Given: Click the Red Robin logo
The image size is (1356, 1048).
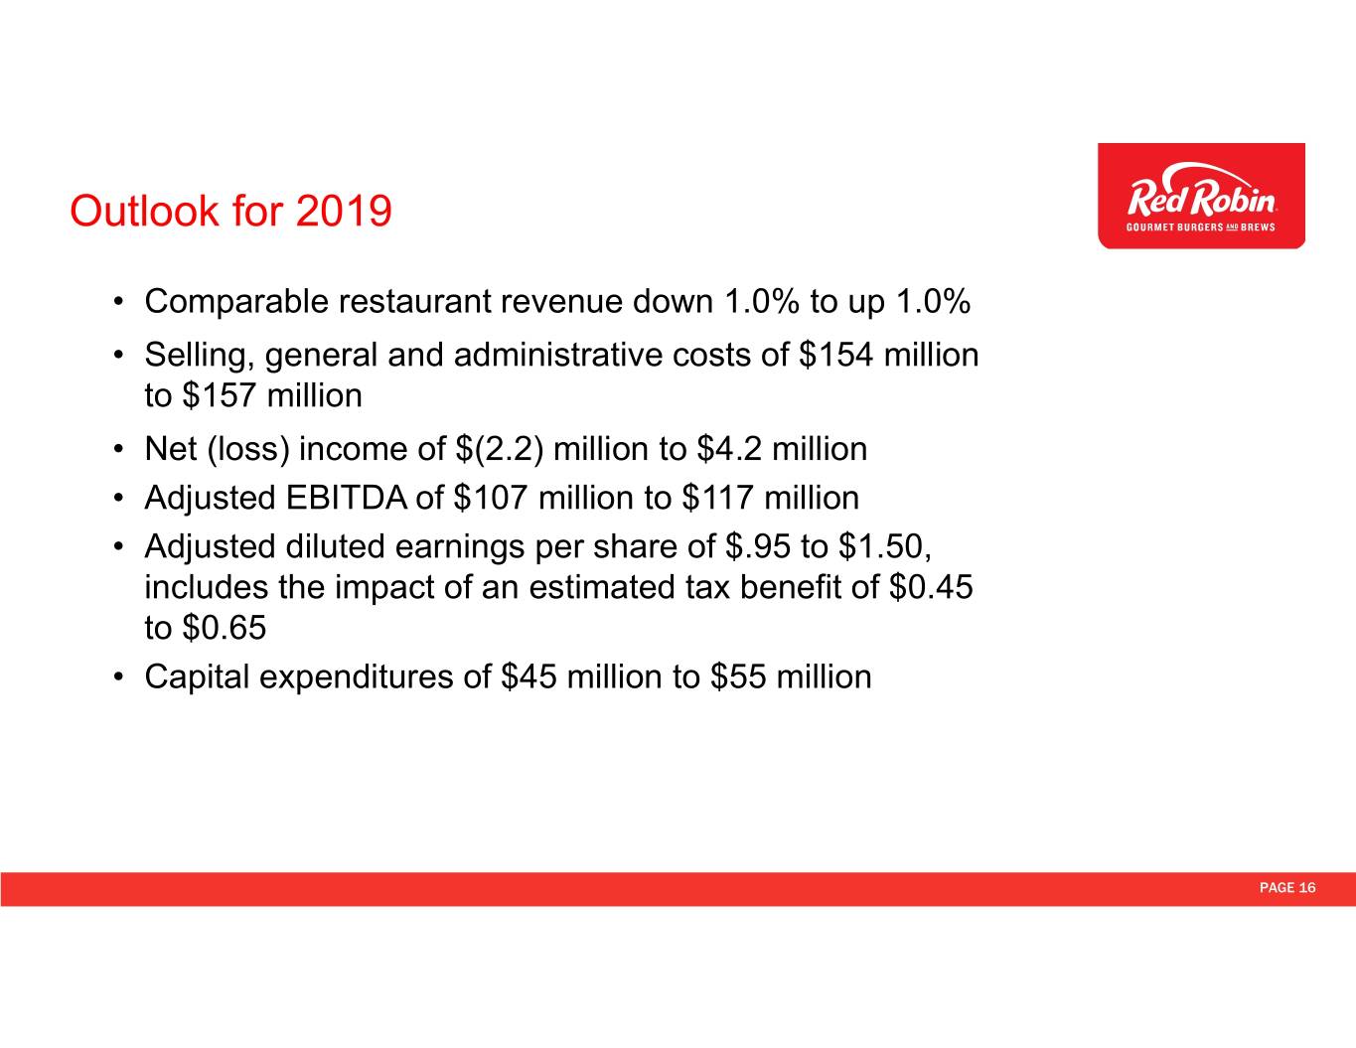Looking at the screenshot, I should point(1201,196).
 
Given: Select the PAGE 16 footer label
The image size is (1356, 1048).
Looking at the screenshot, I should point(1286,888).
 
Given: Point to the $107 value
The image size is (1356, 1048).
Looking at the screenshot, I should point(489,498).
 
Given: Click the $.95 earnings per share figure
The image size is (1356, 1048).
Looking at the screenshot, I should point(758,546).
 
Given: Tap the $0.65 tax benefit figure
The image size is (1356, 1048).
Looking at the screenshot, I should point(224,628).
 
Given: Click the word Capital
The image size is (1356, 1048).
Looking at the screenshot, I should point(198,677).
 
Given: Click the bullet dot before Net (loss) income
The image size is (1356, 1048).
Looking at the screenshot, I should point(118,449).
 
